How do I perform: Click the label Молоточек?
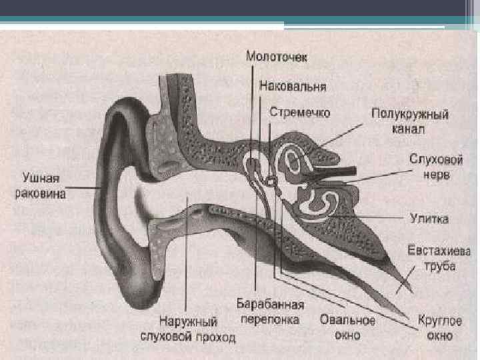pos(277,57)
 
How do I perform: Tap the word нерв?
pos(433,176)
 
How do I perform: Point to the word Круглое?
pos(440,321)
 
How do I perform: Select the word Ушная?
pos(41,179)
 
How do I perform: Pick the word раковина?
pos(41,193)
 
